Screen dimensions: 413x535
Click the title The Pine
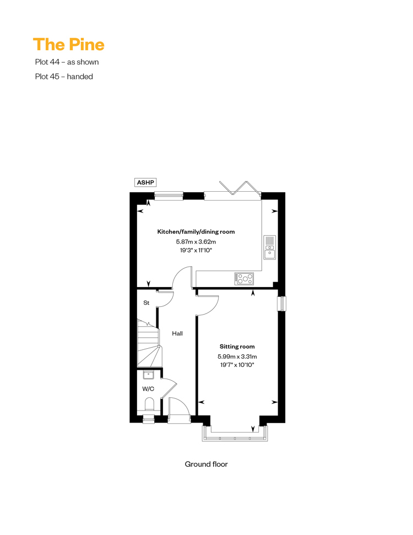point(68,45)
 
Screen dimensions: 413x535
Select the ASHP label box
point(145,182)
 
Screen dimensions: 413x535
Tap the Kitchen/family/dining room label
point(195,231)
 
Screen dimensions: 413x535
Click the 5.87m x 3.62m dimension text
point(195,241)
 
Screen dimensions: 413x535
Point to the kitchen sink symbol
point(270,247)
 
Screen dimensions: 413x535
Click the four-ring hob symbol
point(244,278)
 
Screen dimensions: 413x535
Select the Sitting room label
point(237,347)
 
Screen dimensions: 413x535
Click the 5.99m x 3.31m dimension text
point(237,356)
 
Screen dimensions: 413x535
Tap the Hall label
point(177,333)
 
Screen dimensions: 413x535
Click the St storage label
point(146,302)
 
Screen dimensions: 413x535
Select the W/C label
point(148,388)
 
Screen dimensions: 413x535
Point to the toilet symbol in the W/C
point(149,405)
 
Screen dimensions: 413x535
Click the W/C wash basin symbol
point(149,375)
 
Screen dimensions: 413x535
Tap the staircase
point(149,343)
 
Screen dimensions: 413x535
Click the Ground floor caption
point(206,464)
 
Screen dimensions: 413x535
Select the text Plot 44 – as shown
point(67,62)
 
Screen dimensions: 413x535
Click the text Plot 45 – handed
point(64,77)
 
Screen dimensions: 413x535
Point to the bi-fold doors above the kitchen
point(240,188)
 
